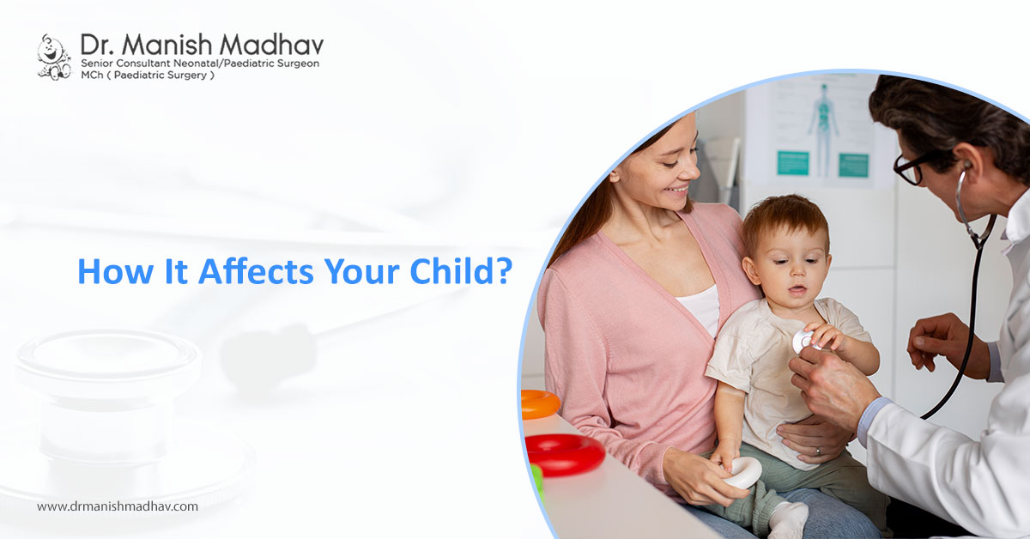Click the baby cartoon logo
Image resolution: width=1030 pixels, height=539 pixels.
point(54,58)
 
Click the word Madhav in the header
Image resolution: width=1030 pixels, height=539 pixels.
point(271,45)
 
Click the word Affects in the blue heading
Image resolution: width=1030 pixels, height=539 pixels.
point(256,271)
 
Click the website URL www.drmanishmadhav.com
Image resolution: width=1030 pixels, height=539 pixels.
point(118,506)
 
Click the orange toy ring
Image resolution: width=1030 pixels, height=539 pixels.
point(539,403)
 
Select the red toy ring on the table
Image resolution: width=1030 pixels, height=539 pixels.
point(565,454)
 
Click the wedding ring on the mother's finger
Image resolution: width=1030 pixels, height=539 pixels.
point(817,451)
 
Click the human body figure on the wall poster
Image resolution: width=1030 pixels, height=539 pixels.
point(822,129)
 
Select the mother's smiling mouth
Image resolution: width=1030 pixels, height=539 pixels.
point(677,190)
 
